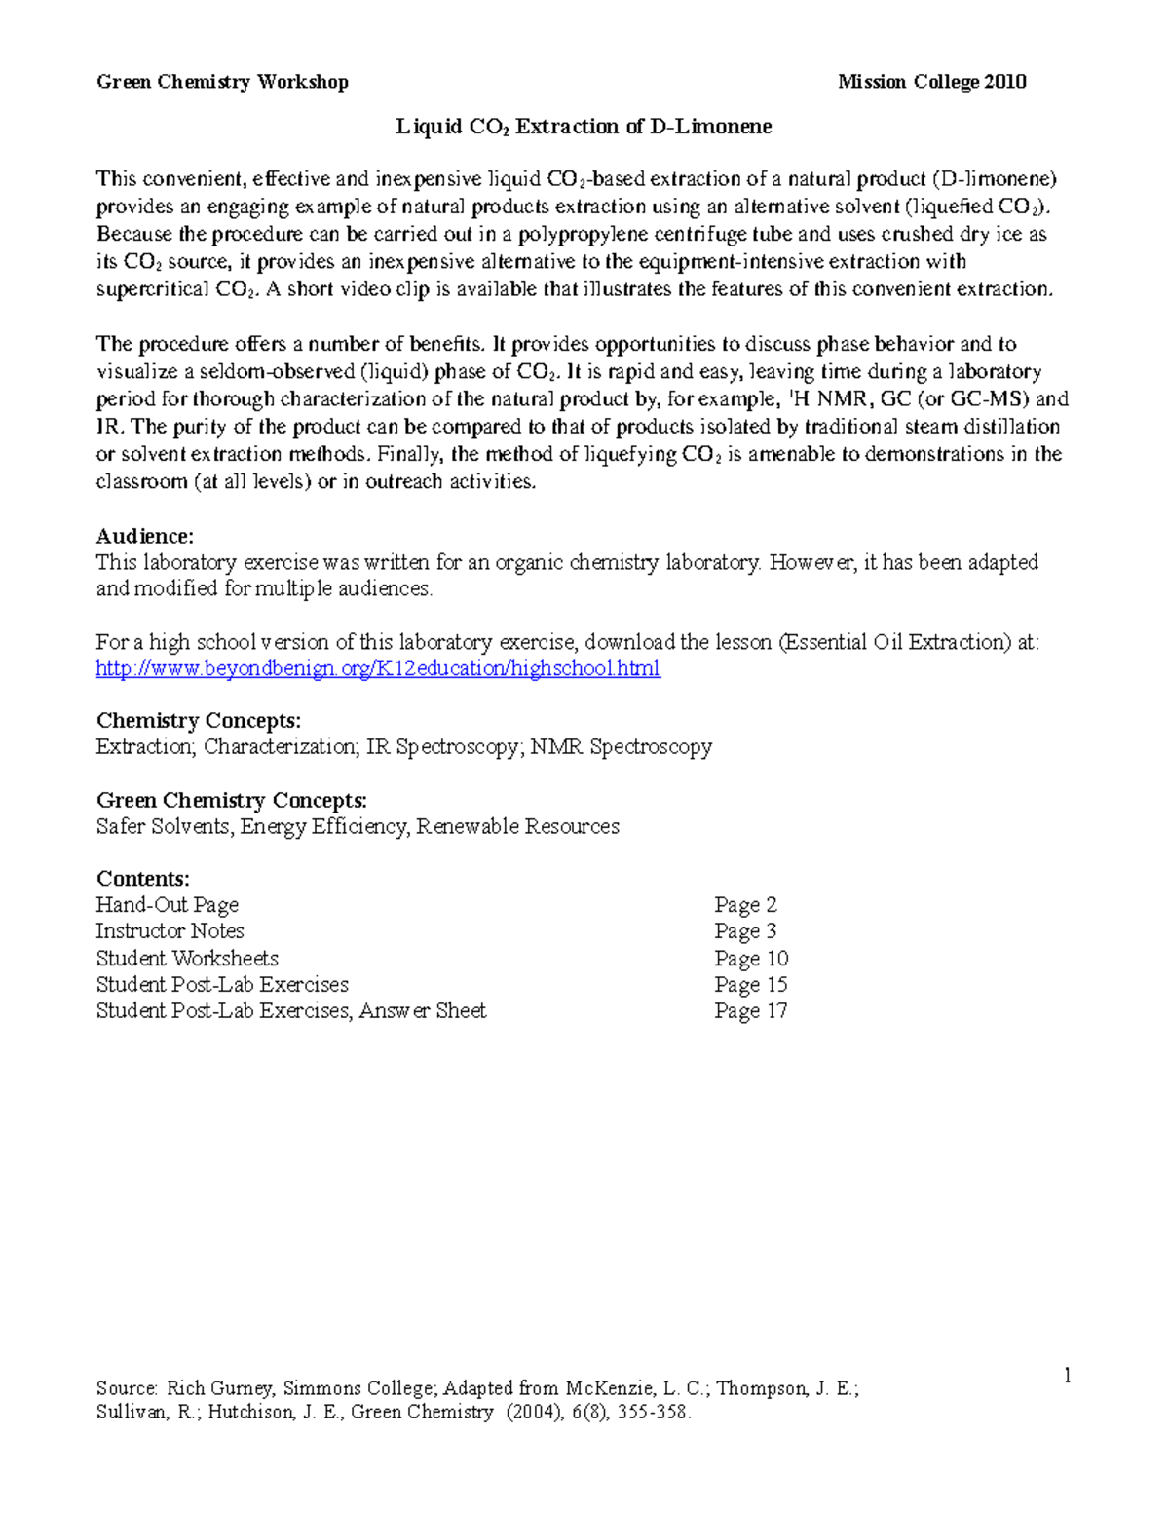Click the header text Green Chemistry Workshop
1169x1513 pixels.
pos(222,82)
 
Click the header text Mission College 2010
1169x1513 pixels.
pos(931,82)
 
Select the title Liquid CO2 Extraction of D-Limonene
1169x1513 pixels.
pos(583,127)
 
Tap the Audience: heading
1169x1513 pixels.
pos(145,536)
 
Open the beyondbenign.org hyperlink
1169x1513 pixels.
pos(378,668)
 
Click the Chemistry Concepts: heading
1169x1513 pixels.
pos(199,721)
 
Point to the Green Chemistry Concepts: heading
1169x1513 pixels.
pos(232,801)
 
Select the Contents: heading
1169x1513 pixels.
pos(143,879)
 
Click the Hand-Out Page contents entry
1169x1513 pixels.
pos(167,905)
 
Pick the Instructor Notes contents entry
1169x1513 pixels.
pos(170,931)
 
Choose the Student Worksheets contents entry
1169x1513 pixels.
pos(187,959)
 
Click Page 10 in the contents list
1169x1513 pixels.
pos(750,959)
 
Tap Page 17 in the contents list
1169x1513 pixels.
pos(750,1011)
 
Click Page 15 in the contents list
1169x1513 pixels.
pos(750,985)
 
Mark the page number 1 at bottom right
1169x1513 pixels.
pos(1068,1376)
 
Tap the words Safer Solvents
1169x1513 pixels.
pos(164,827)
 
